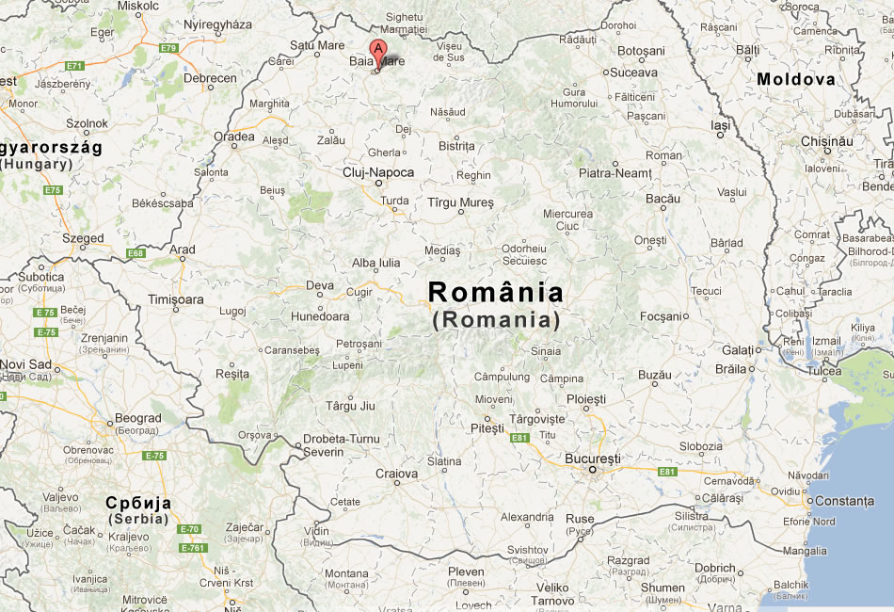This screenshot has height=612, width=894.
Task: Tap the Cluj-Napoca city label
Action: tap(378, 172)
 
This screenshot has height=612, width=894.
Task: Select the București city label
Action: tap(593, 459)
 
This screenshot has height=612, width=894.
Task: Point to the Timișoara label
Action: tap(176, 299)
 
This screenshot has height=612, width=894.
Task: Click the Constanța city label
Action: tap(844, 501)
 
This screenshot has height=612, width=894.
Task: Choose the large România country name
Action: tap(496, 293)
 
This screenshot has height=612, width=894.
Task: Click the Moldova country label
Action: tap(796, 80)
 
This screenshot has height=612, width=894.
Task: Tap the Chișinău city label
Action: tap(826, 141)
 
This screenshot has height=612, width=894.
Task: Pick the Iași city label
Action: tap(720, 124)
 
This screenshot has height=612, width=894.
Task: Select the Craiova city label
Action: tap(396, 473)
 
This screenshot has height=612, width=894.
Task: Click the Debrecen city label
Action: tap(210, 78)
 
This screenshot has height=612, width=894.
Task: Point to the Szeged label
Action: tap(83, 238)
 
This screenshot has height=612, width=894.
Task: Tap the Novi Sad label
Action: tap(25, 364)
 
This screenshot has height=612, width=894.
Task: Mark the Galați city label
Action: tap(739, 349)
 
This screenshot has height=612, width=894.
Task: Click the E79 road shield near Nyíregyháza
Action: tap(168, 47)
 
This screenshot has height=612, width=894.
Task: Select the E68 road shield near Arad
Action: tap(136, 253)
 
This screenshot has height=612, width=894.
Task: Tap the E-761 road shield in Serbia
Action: tap(192, 548)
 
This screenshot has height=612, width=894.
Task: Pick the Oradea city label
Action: tap(234, 137)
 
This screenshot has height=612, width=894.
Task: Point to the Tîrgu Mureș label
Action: tap(460, 202)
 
